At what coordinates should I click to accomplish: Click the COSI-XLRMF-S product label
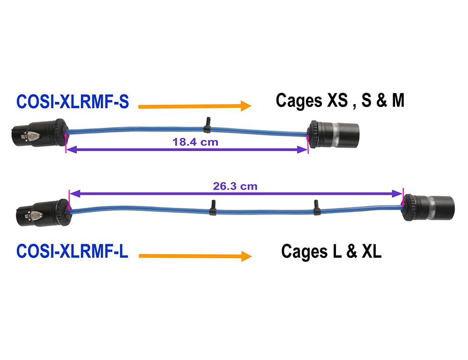click(72, 102)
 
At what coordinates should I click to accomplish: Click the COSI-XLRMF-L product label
click(72, 251)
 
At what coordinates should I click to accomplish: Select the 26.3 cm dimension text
click(235, 186)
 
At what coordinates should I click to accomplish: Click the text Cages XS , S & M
click(340, 101)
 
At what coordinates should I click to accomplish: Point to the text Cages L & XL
click(331, 251)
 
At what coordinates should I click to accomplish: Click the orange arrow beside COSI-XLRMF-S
click(194, 106)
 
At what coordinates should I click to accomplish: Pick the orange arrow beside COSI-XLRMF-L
click(194, 256)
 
